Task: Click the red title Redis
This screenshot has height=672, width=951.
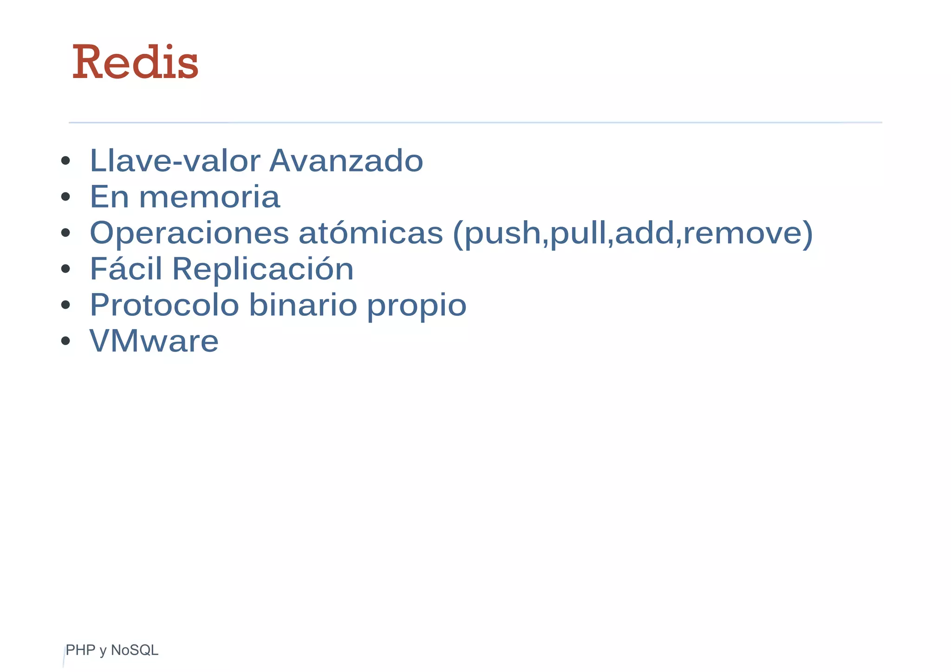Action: pos(136,62)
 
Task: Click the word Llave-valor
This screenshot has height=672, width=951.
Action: pos(175,161)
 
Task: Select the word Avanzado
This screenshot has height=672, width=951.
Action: pos(346,161)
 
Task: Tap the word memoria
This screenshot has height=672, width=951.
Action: pos(209,197)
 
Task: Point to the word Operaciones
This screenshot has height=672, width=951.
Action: pos(189,233)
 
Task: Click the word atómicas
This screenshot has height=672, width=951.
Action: pos(371,233)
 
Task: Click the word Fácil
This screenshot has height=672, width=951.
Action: pos(126,268)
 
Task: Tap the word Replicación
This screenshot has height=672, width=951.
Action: pos(263,269)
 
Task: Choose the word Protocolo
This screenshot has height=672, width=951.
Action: pos(164,305)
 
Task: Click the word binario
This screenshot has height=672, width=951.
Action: pos(303,305)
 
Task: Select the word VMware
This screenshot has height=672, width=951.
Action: pos(154,341)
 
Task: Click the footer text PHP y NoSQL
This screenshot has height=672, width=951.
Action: pos(112,650)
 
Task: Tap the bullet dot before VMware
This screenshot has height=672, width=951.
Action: pos(65,341)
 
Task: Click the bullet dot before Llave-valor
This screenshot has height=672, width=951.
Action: pos(65,161)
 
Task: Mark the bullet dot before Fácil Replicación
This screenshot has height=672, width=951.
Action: pos(65,269)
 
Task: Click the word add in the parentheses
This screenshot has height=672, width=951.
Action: pos(644,233)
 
